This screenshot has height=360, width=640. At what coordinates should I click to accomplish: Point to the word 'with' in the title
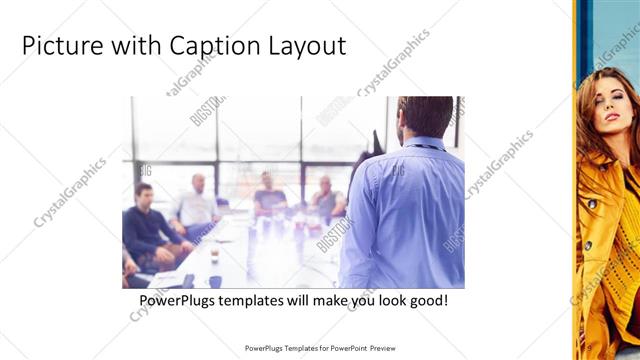pos(132,46)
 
